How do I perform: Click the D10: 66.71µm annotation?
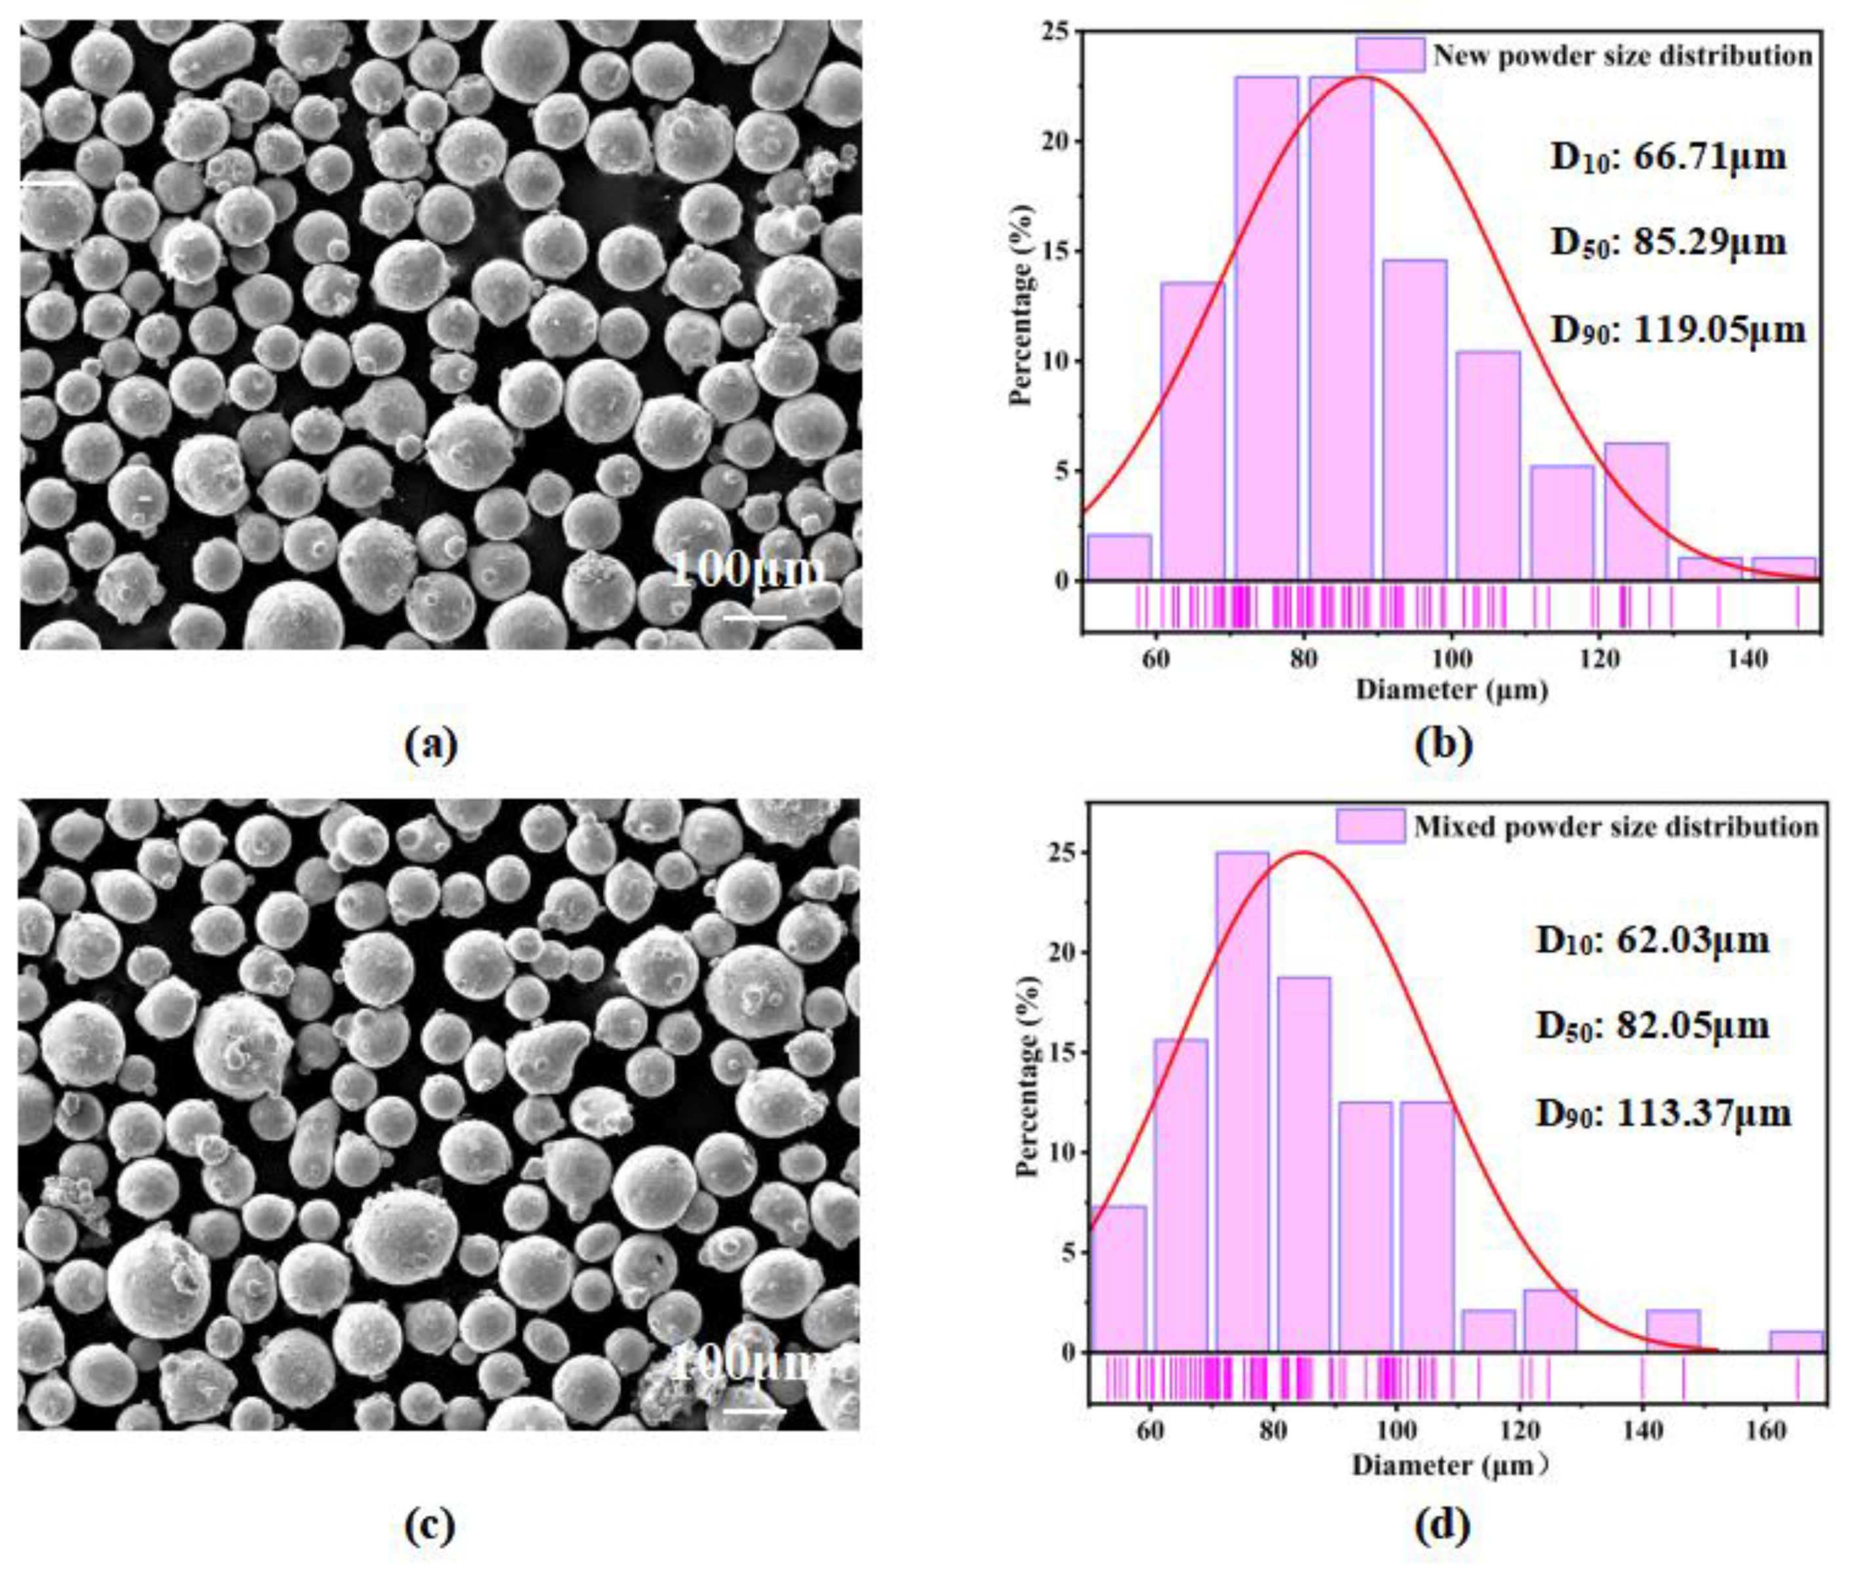click(x=1668, y=158)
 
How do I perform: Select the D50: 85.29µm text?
click(x=1668, y=243)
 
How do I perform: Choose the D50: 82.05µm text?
click(x=1652, y=1025)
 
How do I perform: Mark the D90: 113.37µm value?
click(x=1662, y=1113)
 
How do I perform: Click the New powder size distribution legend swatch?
click(x=1389, y=54)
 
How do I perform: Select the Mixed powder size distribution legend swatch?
click(x=1370, y=826)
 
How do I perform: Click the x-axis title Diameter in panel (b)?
click(x=1452, y=690)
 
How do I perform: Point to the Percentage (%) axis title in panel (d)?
click(x=1029, y=1079)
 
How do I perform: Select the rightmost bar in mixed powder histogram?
click(x=1796, y=1342)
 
